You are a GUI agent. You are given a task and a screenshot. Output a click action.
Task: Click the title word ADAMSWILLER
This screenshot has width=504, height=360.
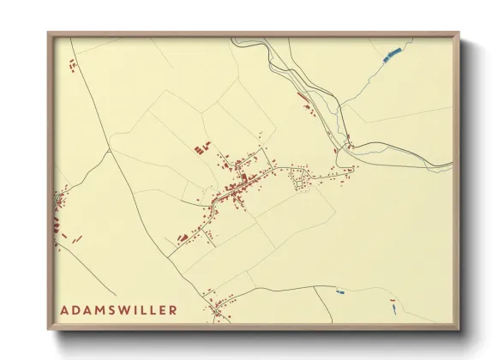pyautogui.click(x=119, y=309)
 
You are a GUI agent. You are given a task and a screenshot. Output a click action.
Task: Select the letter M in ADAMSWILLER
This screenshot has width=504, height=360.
pyautogui.click(x=99, y=309)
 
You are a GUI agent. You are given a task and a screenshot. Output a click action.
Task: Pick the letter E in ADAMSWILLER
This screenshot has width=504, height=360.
pyautogui.click(x=162, y=309)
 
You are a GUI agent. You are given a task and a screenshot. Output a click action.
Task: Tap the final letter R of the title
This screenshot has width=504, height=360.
pyautogui.click(x=173, y=309)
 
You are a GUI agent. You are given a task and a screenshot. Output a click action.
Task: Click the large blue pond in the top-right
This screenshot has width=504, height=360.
pyautogui.click(x=391, y=56)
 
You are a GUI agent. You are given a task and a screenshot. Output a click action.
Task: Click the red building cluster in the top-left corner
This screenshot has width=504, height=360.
pyautogui.click(x=72, y=64)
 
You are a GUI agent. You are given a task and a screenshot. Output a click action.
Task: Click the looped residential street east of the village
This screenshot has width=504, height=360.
pyautogui.click(x=299, y=179)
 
